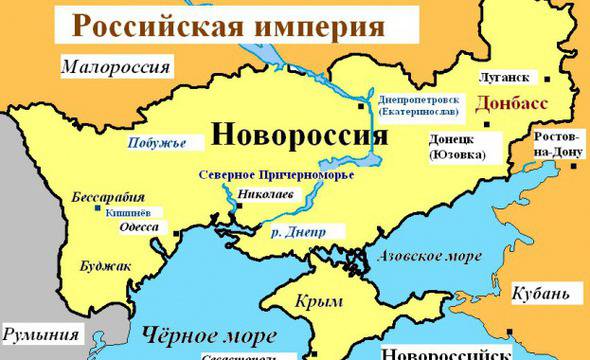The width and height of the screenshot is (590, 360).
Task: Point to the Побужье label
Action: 153,142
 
